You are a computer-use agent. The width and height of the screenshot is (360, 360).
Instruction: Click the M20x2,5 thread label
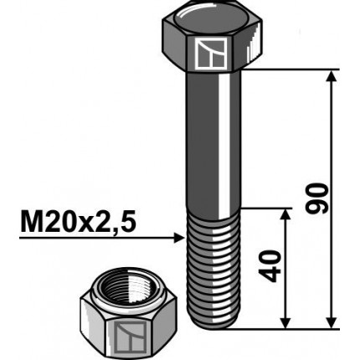coord(77,223)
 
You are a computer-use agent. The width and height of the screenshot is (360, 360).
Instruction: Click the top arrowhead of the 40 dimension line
coord(286,215)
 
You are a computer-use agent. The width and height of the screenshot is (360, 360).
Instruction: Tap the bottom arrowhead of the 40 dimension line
coord(286,321)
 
